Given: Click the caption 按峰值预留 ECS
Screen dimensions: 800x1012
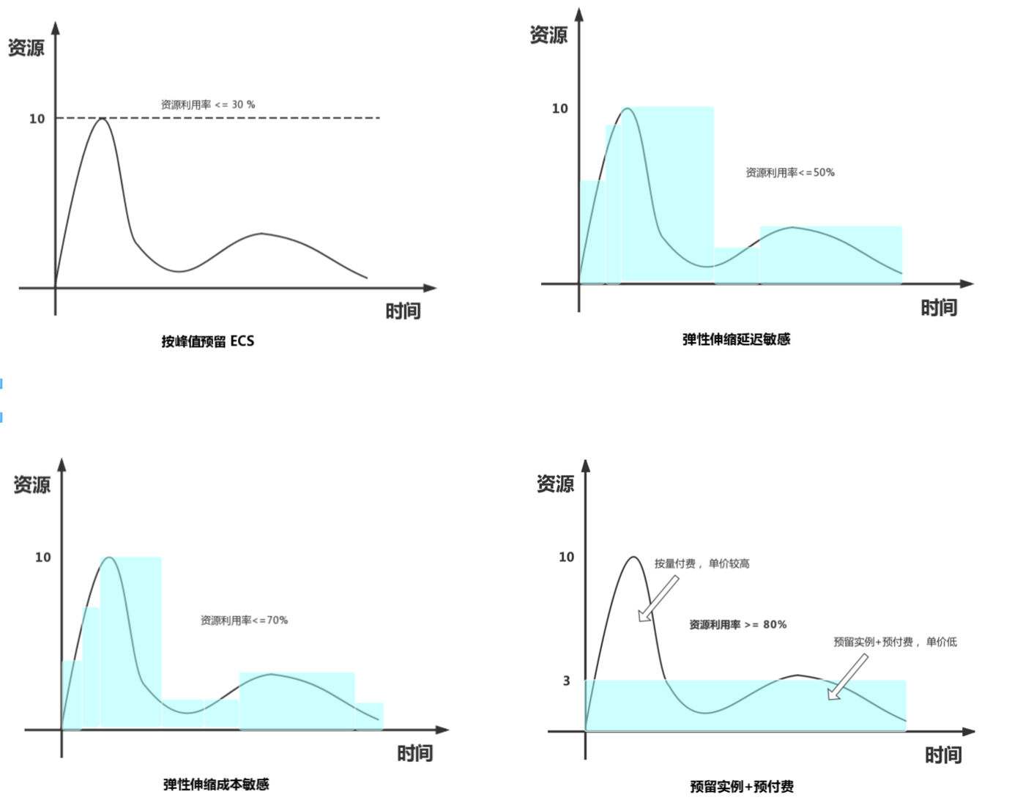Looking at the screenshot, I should pos(208,341).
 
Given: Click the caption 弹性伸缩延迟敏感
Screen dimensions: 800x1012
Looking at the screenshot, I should pos(736,339).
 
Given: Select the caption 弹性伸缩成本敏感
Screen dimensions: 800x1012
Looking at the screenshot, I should pos(216,785).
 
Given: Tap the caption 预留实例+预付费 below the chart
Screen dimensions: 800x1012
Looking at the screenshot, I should pos(741,787).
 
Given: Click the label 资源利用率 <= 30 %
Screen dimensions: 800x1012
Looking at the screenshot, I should pos(208,105).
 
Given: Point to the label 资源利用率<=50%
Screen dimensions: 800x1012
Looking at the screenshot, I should pos(790,173).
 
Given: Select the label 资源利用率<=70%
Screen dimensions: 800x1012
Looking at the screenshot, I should pos(244,621).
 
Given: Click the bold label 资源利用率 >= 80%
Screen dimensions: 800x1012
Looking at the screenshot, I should pos(737,625).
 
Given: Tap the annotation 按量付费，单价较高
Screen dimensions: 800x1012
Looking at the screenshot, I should pos(702,564).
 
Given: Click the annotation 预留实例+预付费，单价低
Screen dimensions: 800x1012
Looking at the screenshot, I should pos(895,642).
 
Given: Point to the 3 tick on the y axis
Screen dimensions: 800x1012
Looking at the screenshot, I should pos(566,681).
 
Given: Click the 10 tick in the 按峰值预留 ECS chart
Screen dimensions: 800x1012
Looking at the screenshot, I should pos(37,119).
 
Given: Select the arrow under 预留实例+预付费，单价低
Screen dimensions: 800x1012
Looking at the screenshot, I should pos(848,677).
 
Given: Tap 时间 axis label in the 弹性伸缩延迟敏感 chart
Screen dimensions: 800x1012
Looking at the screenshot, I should pos(939,308).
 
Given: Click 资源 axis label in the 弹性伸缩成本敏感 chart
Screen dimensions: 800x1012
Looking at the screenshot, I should pos(32,485).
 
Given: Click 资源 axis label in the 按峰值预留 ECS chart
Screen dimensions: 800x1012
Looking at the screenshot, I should pos(26,48).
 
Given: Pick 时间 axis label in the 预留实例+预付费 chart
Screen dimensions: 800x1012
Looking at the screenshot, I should pos(943,755).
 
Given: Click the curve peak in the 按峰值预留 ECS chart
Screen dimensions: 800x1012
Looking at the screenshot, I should pos(103,118).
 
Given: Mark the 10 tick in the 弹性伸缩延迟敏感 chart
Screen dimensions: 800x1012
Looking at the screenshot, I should pos(560,108).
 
